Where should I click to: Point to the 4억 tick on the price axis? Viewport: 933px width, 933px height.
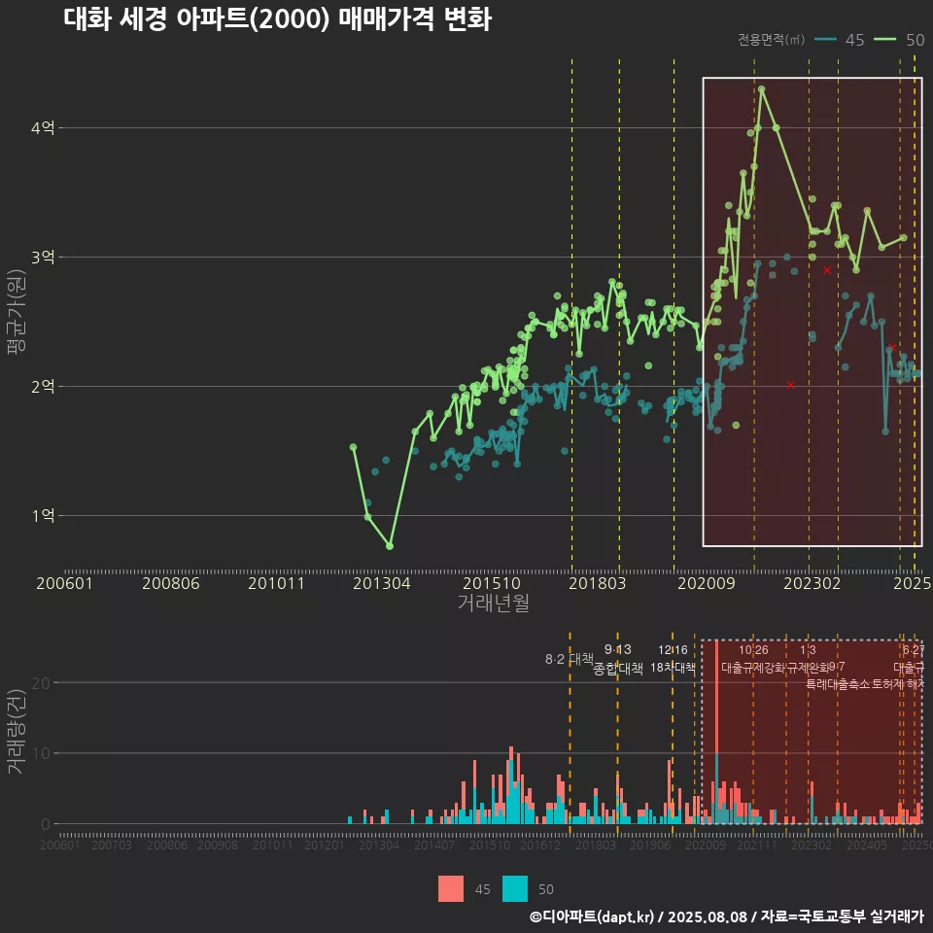[x=43, y=128]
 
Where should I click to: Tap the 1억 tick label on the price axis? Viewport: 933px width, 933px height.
[x=43, y=516]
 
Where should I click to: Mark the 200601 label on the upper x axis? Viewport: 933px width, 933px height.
[x=64, y=584]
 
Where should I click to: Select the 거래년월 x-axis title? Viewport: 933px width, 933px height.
[x=493, y=604]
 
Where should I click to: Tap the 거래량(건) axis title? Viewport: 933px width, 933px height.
[x=16, y=732]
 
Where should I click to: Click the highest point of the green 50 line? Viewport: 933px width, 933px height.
[x=761, y=89]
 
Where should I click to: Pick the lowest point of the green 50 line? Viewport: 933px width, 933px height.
[x=390, y=546]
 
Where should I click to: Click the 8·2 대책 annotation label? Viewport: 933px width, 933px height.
[x=569, y=659]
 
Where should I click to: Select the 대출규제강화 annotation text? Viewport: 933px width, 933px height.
[x=752, y=668]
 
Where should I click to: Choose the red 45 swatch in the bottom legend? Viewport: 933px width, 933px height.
[x=451, y=888]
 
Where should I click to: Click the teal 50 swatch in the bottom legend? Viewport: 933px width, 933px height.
[x=515, y=888]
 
